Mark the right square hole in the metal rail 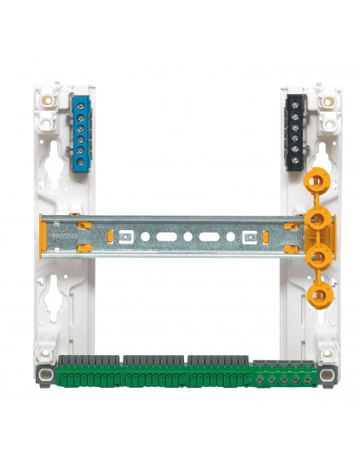pyautogui.click(x=250, y=236)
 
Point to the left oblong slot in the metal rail pyautogui.click(x=166, y=236)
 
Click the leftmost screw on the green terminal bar pyautogui.click(x=263, y=380)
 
